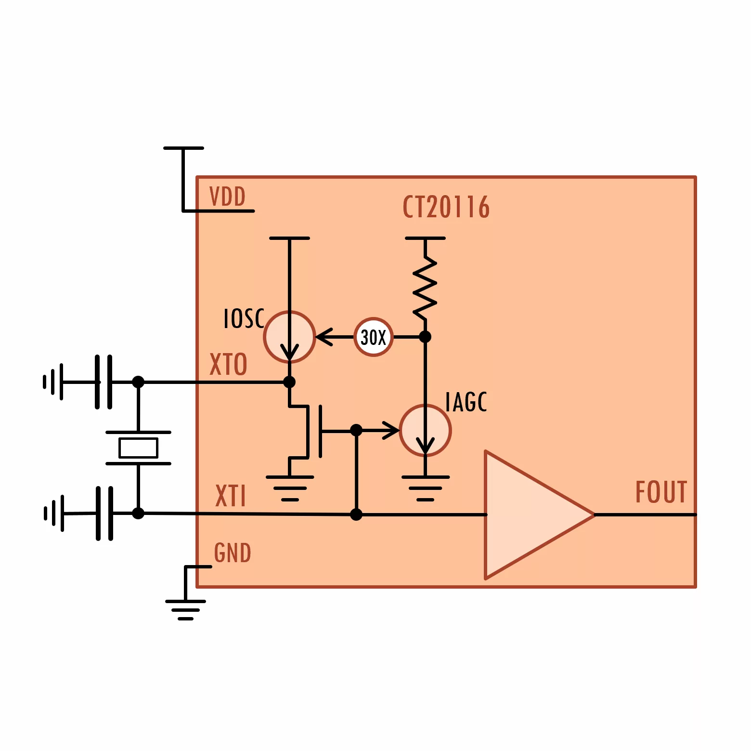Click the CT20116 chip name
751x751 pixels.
coord(446,207)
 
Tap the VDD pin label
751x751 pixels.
coord(227,197)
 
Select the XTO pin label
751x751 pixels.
coord(228,364)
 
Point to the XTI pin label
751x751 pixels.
coord(231,496)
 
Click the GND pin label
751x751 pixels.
coord(233,553)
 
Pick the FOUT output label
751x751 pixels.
coord(661,492)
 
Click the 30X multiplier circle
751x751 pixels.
coord(374,337)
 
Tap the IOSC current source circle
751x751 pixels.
coord(289,337)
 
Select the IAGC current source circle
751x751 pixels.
coord(425,431)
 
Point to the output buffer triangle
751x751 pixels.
coord(540,515)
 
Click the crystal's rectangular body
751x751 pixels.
coord(139,448)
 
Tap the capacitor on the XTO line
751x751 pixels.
coord(104,382)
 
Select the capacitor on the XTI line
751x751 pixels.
coord(104,514)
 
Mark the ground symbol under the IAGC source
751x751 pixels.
coord(426,488)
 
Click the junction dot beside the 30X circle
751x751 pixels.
coord(425,337)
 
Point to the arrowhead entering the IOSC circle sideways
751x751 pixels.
coord(324,337)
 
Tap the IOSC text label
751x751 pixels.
coord(244,318)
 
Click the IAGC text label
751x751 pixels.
coord(466,402)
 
